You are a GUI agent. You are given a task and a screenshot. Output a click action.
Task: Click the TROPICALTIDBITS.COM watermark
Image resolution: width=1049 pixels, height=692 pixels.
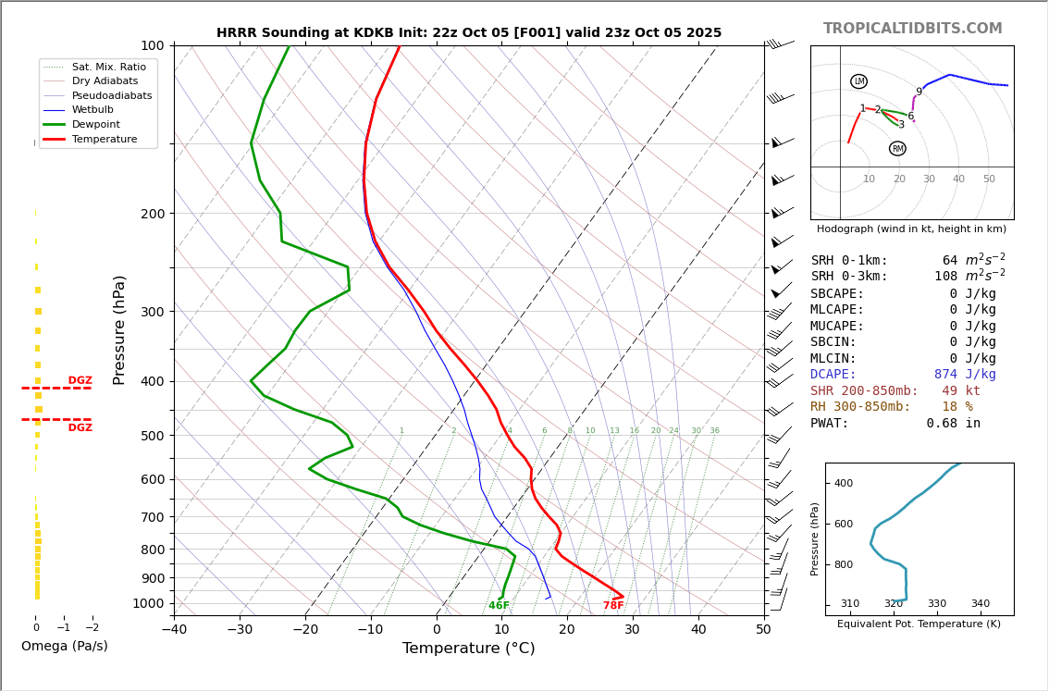click(x=912, y=29)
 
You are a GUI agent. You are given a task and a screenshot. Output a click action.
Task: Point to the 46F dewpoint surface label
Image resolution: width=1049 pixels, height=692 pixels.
click(x=499, y=606)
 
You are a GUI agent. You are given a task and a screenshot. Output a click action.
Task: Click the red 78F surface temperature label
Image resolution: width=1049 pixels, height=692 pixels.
click(x=613, y=606)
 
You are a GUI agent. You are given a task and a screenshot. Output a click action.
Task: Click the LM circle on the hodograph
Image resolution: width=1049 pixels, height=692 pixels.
click(x=858, y=81)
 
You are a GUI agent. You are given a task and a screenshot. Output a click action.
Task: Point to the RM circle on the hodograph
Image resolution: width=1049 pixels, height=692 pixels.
click(x=897, y=149)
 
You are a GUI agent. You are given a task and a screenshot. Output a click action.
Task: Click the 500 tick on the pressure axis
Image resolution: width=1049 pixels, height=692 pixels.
click(x=152, y=436)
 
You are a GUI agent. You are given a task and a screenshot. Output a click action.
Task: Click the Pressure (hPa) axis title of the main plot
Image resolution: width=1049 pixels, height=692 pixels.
click(x=119, y=329)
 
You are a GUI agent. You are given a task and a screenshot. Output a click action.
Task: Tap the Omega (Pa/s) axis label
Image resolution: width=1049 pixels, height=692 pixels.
click(x=64, y=647)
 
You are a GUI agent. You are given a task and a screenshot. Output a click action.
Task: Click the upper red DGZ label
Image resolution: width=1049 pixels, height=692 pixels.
click(x=80, y=381)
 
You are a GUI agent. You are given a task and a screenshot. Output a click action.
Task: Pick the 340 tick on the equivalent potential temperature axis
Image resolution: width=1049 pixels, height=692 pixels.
click(x=980, y=604)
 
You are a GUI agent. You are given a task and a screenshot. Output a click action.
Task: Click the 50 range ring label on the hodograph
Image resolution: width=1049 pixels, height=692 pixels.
click(x=989, y=179)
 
